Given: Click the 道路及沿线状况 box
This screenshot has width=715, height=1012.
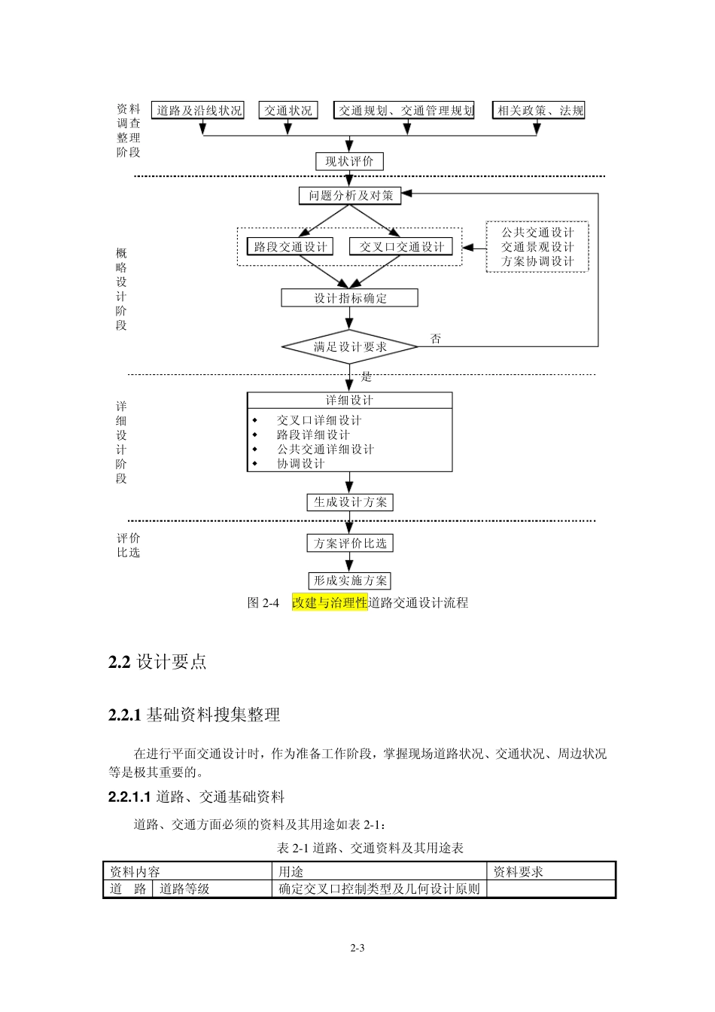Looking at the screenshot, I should pyautogui.click(x=199, y=111).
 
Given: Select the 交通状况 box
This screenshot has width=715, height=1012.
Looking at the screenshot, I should pyautogui.click(x=288, y=111).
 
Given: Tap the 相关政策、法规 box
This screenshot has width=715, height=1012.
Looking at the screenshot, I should pyautogui.click(x=539, y=111).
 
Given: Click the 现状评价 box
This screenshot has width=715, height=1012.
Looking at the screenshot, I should pyautogui.click(x=349, y=161).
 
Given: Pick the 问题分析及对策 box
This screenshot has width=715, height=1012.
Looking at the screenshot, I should pyautogui.click(x=350, y=196).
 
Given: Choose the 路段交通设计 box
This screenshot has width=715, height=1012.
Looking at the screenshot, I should pyautogui.click(x=291, y=247).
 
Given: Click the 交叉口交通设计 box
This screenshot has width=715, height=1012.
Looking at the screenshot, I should pyautogui.click(x=401, y=247).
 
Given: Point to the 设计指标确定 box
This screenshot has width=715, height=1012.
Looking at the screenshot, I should pyautogui.click(x=350, y=298).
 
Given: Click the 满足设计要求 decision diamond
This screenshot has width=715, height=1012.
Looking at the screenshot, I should pyautogui.click(x=350, y=347).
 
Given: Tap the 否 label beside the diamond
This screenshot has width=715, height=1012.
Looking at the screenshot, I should pyautogui.click(x=436, y=339).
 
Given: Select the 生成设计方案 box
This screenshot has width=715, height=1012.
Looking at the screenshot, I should pyautogui.click(x=350, y=502).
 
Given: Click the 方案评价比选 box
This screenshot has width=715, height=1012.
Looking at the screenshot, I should pyautogui.click(x=350, y=543).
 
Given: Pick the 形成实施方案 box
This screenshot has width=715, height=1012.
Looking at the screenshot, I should pyautogui.click(x=350, y=581).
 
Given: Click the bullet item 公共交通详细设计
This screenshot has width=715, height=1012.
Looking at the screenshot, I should pyautogui.click(x=325, y=450).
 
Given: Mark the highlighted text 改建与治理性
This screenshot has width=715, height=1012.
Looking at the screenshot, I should pyautogui.click(x=330, y=602).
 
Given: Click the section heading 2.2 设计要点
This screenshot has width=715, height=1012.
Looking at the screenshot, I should pyautogui.click(x=157, y=662).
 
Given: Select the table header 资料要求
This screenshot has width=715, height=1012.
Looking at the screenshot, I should pyautogui.click(x=518, y=872).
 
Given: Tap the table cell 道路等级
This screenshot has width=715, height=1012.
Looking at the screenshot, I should pyautogui.click(x=184, y=889).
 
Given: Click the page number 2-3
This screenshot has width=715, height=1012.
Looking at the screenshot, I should pyautogui.click(x=357, y=948).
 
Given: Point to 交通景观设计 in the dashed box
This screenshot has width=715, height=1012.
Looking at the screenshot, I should pyautogui.click(x=537, y=247).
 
